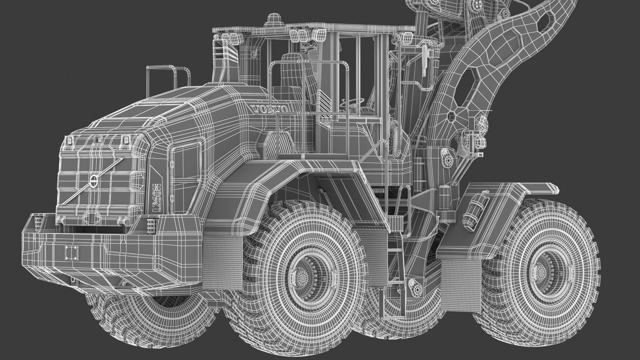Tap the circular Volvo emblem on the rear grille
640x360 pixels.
click(x=93, y=181)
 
